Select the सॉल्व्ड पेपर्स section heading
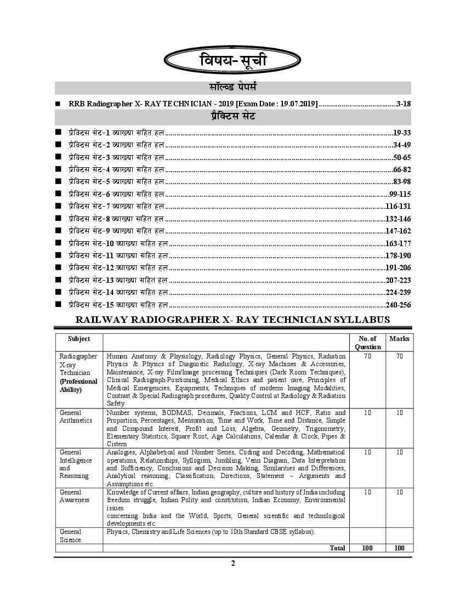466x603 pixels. point(233,88)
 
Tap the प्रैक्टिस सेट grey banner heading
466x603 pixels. point(233,117)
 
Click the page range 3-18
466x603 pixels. point(403,103)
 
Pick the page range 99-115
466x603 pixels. point(400,194)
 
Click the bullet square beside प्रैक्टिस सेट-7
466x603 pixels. point(58,206)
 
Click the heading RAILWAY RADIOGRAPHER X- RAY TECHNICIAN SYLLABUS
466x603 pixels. point(232,320)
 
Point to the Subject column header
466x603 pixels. point(79,339)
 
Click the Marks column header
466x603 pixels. point(399,339)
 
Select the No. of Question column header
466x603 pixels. point(368,343)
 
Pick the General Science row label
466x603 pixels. point(71,536)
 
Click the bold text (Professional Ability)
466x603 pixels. point(79,385)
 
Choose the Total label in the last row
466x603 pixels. point(337,548)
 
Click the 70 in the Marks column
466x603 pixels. point(400,356)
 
